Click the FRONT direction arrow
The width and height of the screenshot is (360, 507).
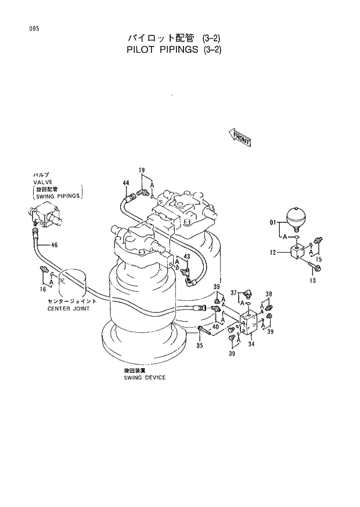[239, 137]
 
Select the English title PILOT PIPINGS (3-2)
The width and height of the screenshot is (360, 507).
[174, 49]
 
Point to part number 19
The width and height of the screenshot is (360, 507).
[141, 170]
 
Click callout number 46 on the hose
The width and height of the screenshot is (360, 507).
[54, 245]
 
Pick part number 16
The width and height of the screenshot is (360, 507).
[43, 289]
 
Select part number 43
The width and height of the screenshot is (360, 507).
[186, 256]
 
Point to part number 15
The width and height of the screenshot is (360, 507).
[318, 258]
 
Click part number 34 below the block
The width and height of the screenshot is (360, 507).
[251, 344]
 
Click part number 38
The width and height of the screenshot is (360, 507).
[269, 294]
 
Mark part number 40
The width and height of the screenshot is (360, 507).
[215, 326]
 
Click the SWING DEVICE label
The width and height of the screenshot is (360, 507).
[144, 377]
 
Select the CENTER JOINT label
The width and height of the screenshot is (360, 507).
[67, 308]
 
